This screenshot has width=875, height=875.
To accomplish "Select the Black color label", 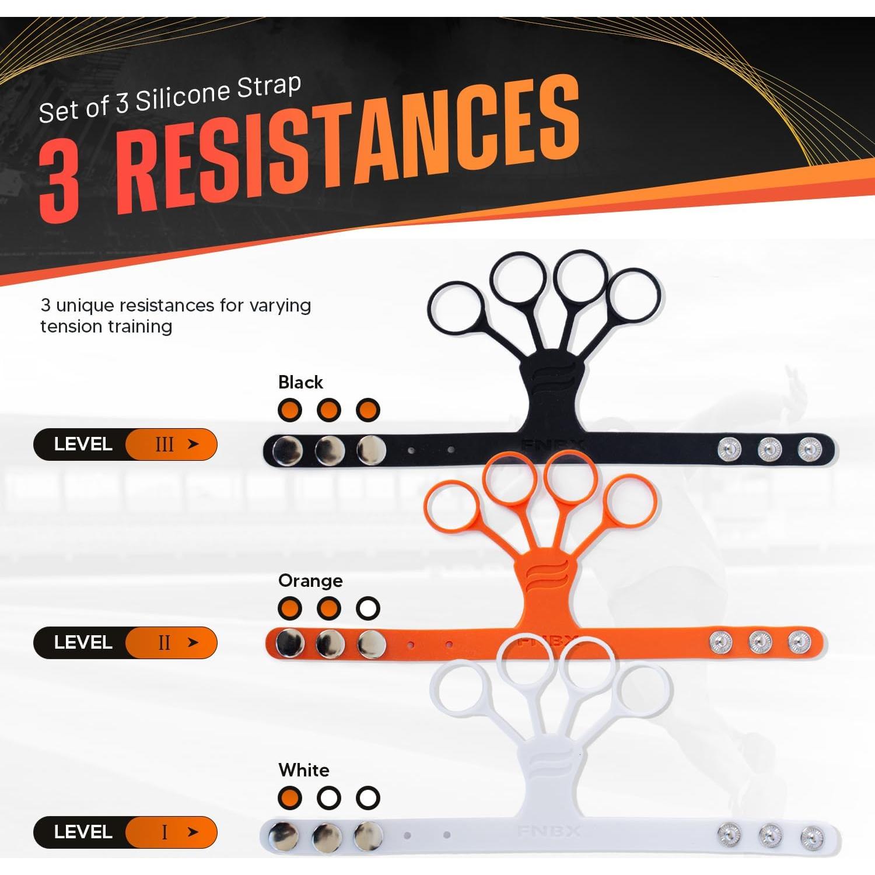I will pos(300,383).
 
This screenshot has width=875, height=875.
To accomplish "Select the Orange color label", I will pos(310,581).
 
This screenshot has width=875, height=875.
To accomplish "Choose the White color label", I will pos(303,770).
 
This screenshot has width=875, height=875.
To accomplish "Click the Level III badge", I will pos(125,444).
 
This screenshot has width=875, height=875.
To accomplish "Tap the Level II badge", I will pos(125,643).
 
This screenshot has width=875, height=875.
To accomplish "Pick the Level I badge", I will pos(125,832).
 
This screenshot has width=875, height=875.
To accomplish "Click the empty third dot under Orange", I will pos(368,608).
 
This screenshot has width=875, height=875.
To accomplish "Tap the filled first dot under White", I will pos(290,798).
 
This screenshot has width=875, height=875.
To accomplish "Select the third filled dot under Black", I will pos(368,410).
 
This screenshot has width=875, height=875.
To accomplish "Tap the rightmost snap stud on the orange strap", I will pos(799,642).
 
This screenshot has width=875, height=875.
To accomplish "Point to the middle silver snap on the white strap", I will pos(327,838).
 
